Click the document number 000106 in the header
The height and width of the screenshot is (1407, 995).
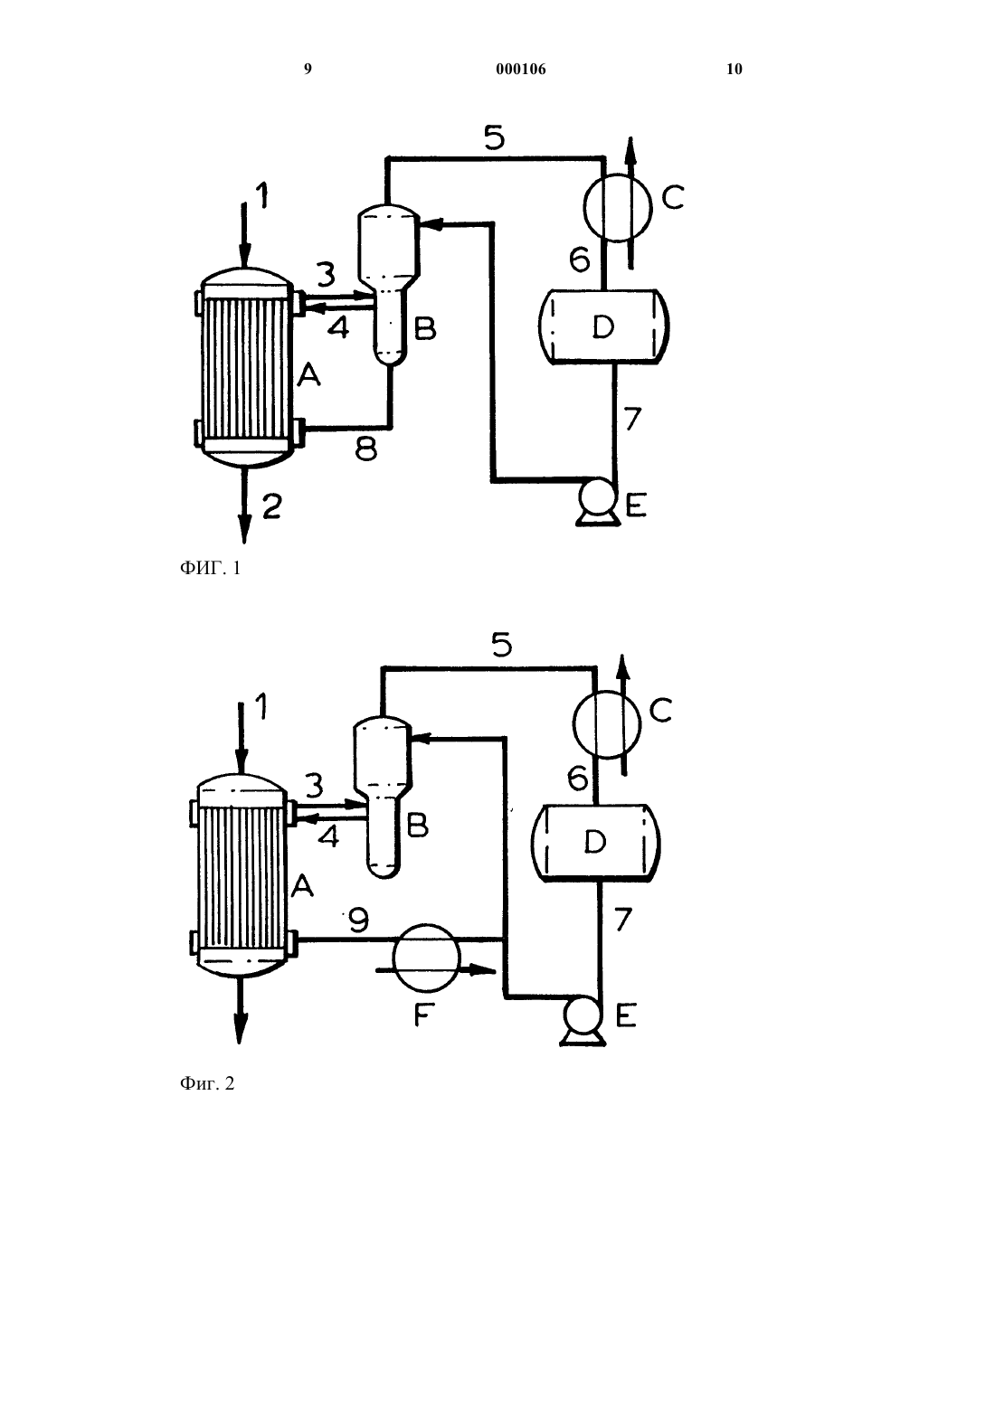521,70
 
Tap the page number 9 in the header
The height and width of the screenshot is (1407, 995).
308,69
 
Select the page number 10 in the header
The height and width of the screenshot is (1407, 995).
734,69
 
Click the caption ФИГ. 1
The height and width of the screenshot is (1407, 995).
210,569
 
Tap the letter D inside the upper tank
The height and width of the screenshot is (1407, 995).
603,326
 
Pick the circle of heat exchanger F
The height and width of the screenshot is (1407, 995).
426,957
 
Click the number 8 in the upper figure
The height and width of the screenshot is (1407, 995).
365,449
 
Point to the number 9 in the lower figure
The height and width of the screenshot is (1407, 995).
358,921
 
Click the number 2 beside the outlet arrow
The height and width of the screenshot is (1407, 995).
272,506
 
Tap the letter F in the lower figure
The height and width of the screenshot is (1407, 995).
424,1015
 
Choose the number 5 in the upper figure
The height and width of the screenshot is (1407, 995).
495,137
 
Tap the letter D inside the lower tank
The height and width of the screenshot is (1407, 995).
594,842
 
